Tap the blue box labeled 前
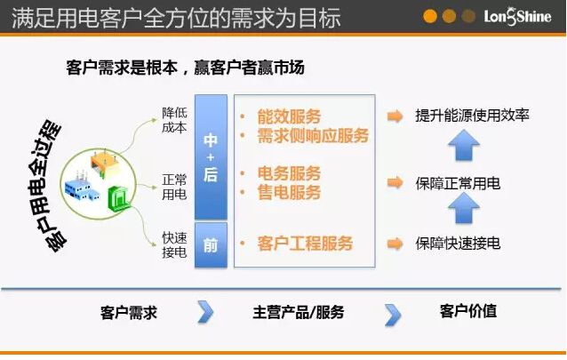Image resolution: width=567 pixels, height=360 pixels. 211,244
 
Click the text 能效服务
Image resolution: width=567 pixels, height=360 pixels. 288,116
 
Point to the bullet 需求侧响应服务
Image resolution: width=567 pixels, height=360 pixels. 312,136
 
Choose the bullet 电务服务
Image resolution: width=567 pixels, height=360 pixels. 288,173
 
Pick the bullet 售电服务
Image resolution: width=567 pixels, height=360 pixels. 288,193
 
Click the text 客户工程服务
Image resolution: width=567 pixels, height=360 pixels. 304,243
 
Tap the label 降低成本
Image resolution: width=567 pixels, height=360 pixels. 174,121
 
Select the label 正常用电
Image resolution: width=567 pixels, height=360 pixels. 174,187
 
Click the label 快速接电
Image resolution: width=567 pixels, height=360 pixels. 174,245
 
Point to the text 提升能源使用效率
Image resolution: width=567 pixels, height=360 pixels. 472,116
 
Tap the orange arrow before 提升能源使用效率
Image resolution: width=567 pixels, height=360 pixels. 395,116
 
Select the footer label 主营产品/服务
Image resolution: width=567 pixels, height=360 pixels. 299,312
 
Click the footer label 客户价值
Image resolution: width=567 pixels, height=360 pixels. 467,311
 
